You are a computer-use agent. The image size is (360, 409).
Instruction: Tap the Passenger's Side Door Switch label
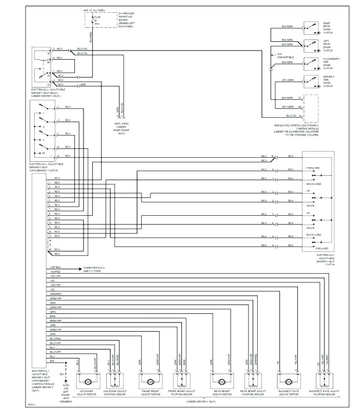click(331, 63)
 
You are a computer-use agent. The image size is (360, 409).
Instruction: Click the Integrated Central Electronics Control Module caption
click(297, 129)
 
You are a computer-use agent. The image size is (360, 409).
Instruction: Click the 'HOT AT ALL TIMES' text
click(94, 10)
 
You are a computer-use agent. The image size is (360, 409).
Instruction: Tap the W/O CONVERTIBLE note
click(285, 56)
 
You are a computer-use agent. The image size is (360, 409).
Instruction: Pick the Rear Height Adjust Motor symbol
click(220, 382)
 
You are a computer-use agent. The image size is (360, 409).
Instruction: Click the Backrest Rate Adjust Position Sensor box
click(324, 381)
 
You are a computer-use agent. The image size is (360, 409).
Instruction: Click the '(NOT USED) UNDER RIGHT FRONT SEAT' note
click(121, 128)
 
